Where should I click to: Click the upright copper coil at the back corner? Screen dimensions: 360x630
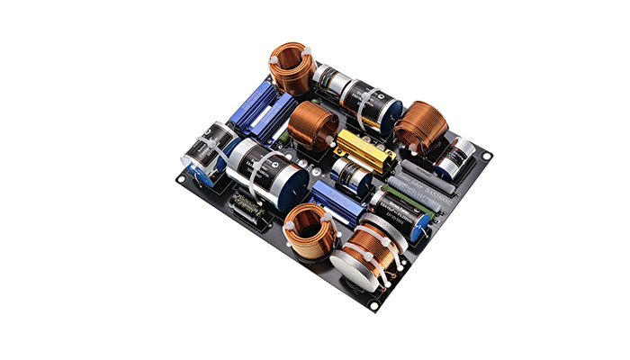coord(292,68)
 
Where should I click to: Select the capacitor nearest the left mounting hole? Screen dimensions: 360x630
coord(205,153)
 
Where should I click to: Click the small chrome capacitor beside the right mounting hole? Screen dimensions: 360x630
coord(456,157)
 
